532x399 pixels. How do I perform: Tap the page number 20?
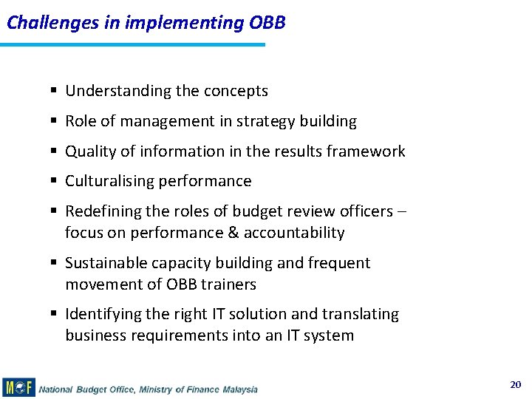515,384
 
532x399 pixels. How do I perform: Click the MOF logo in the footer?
18,387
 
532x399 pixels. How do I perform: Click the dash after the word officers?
403,211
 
